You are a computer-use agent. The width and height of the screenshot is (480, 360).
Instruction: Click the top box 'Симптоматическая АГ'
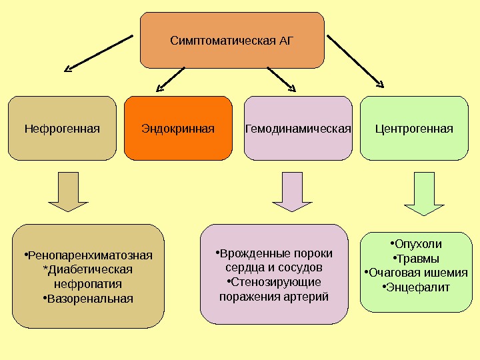(x=231, y=40)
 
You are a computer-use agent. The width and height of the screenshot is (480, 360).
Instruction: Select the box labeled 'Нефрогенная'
(x=62, y=128)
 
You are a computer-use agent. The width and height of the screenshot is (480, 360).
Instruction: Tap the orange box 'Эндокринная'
(x=178, y=128)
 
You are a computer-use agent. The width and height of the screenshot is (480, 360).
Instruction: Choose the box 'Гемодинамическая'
(x=298, y=128)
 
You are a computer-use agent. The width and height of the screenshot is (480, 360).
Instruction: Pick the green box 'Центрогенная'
(x=414, y=128)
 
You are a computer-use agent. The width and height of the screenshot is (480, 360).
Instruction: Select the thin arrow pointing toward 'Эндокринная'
(x=171, y=79)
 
